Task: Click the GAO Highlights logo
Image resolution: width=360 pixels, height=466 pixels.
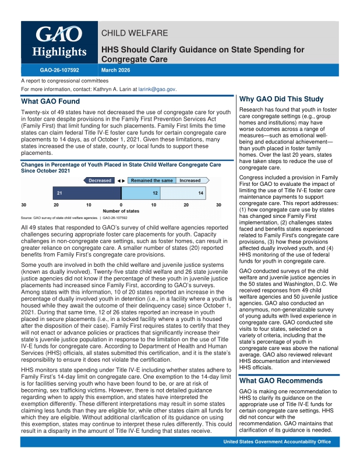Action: pyautogui.click(x=59, y=43)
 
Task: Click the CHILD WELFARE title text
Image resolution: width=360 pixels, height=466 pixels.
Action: pyautogui.click(x=135, y=33)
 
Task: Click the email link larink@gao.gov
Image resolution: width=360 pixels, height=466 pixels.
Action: pyautogui.click(x=157, y=90)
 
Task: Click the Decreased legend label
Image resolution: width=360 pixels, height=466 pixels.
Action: pyautogui.click(x=100, y=181)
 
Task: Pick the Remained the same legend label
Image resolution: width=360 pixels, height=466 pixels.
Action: pyautogui.click(x=152, y=181)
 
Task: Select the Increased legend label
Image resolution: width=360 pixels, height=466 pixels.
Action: pyautogui.click(x=190, y=181)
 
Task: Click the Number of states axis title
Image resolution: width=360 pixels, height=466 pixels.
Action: pyautogui.click(x=121, y=211)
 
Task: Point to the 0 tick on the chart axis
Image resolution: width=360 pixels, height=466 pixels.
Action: pyautogui.click(x=121, y=204)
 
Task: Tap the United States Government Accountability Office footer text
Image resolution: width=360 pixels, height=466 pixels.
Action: pyautogui.click(x=281, y=458)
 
